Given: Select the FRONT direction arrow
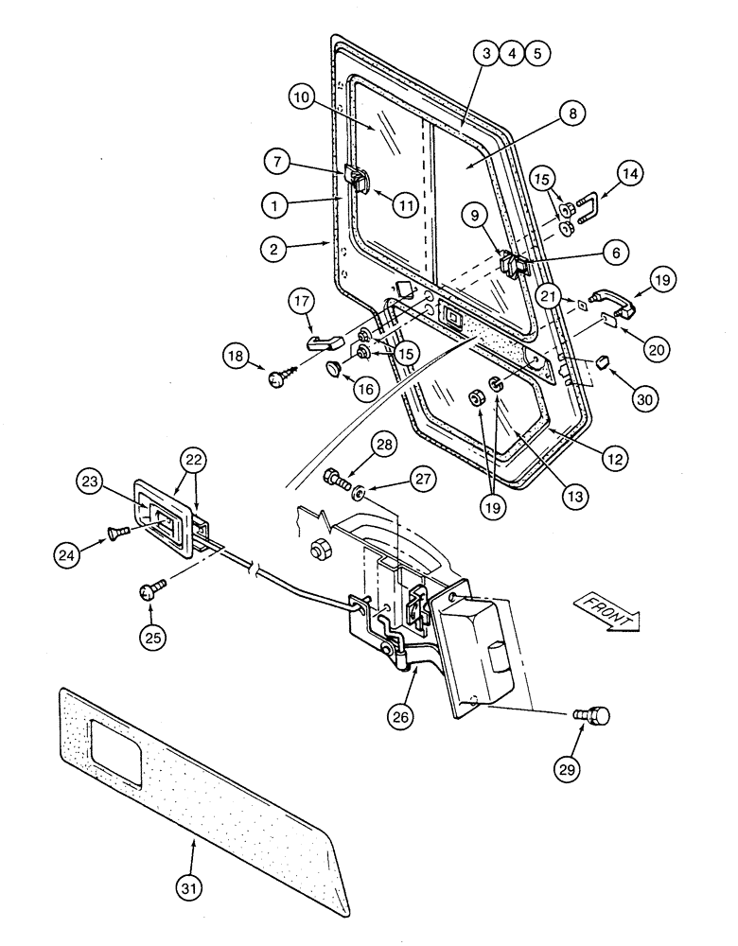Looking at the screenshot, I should pyautogui.click(x=605, y=610).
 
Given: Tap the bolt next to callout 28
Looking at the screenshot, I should pyautogui.click(x=336, y=480).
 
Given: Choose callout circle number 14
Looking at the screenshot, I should pyautogui.click(x=629, y=174).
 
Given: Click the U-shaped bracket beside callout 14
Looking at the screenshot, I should pyautogui.click(x=585, y=208).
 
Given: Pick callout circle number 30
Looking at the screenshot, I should pyautogui.click(x=644, y=376).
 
